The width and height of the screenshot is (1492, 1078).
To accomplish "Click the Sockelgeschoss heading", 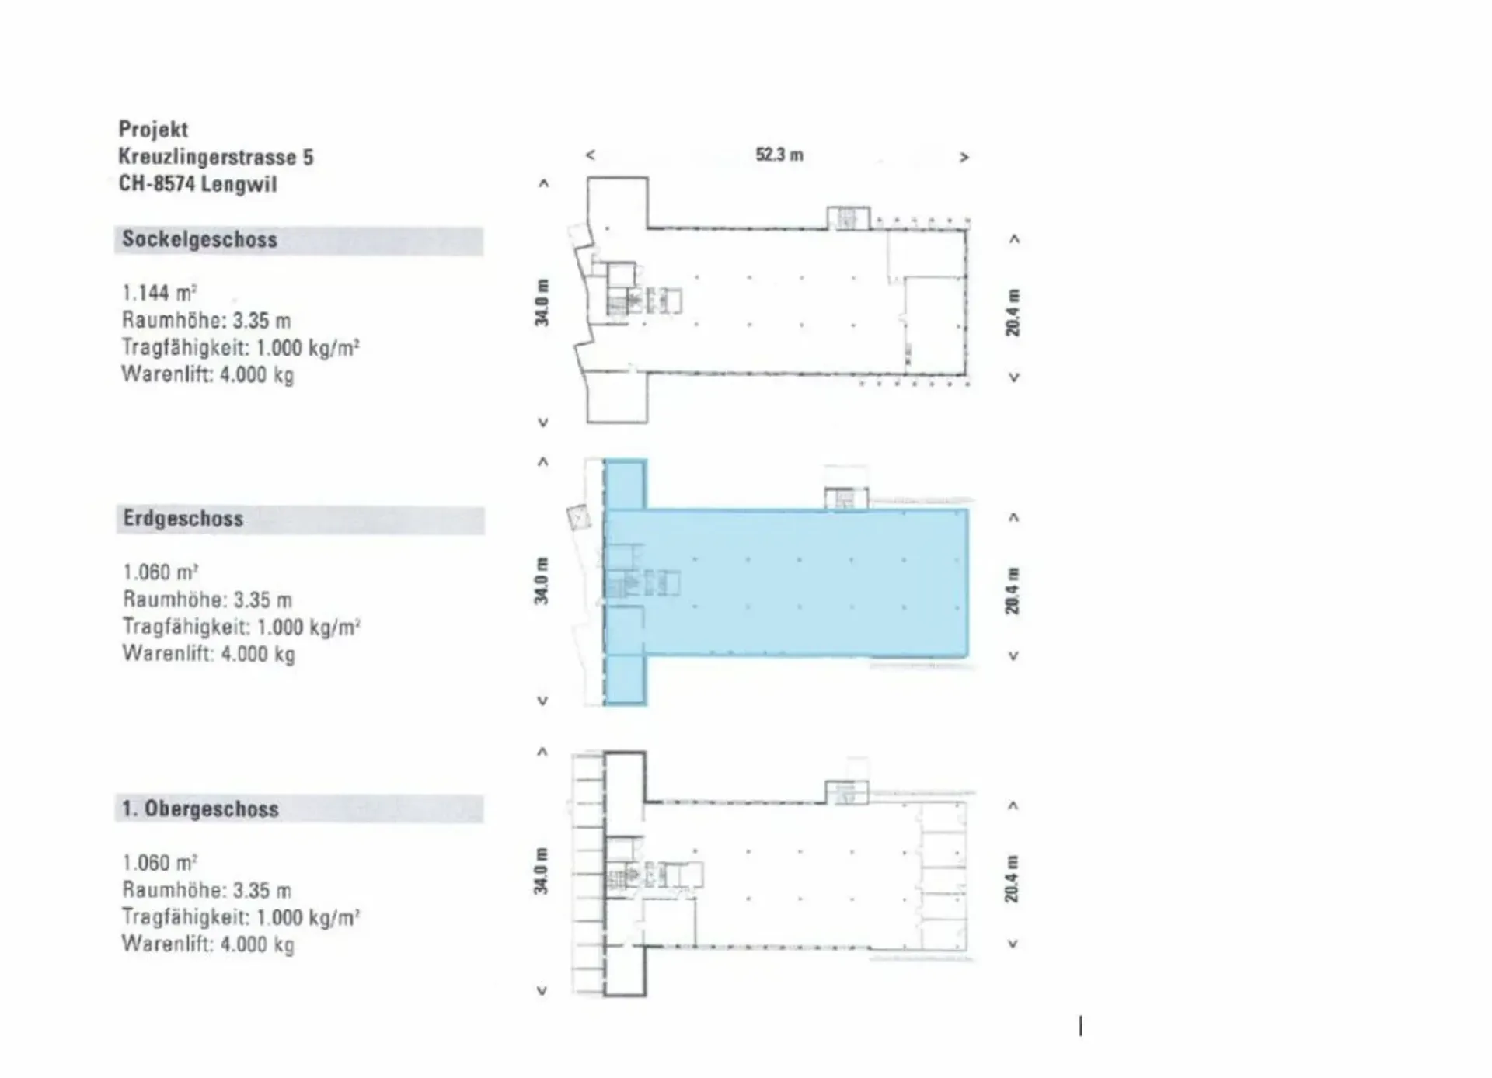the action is pos(200,239).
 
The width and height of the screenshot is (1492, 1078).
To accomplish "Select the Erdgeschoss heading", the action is pos(183,519).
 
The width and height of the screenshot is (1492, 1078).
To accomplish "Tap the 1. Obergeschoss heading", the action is pos(200,808).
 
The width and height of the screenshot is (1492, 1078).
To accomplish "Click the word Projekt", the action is pos(154,129).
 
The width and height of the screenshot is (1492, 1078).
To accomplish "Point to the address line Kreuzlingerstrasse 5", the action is pos(216,157).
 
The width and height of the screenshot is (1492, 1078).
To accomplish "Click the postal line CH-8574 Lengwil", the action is pos(197,184).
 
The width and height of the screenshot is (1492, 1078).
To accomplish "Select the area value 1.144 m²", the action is pos(159,293).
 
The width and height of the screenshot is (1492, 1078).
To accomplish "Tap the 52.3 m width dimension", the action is pos(779,155).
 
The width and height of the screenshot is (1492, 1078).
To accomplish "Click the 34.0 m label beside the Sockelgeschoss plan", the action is pos(542,302).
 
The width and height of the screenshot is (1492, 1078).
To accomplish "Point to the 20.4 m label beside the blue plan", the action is pos(1012,590).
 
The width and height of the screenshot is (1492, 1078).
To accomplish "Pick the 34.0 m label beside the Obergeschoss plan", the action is pos(541,871).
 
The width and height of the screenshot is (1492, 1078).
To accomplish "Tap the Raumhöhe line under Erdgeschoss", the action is pos(207,600).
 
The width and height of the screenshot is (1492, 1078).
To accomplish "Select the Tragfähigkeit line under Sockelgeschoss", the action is pos(241,347).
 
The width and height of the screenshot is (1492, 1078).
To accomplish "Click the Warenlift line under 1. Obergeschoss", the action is pos(208,944).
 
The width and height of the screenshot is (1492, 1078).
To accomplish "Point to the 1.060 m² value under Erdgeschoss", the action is pos(161,572).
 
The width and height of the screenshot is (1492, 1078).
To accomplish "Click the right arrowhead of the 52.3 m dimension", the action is pos(964,157).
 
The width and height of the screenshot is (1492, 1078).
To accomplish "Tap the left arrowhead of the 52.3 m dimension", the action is pos(591,155).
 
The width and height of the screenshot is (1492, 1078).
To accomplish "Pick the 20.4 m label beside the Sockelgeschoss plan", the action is pos(1013,312).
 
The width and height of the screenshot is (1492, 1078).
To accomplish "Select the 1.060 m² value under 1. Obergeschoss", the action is pos(160,863).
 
